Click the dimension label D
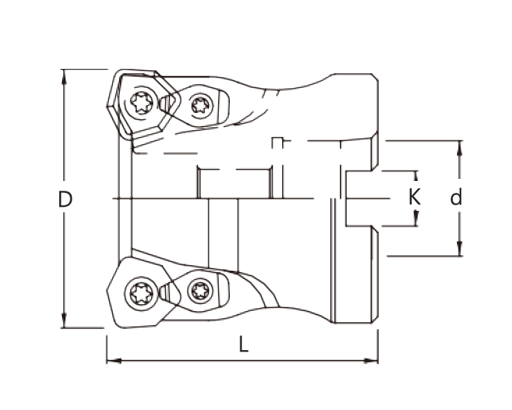[x=65, y=200]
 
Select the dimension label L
[x=242, y=345]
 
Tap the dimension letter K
[x=414, y=198]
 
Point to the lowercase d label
[x=456, y=198]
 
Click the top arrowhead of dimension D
[x=64, y=74]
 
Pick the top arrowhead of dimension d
[x=460, y=145]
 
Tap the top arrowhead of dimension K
[x=416, y=175]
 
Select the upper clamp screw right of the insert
[x=201, y=105]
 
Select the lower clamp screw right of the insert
[x=201, y=290]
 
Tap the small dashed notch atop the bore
[x=278, y=143]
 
